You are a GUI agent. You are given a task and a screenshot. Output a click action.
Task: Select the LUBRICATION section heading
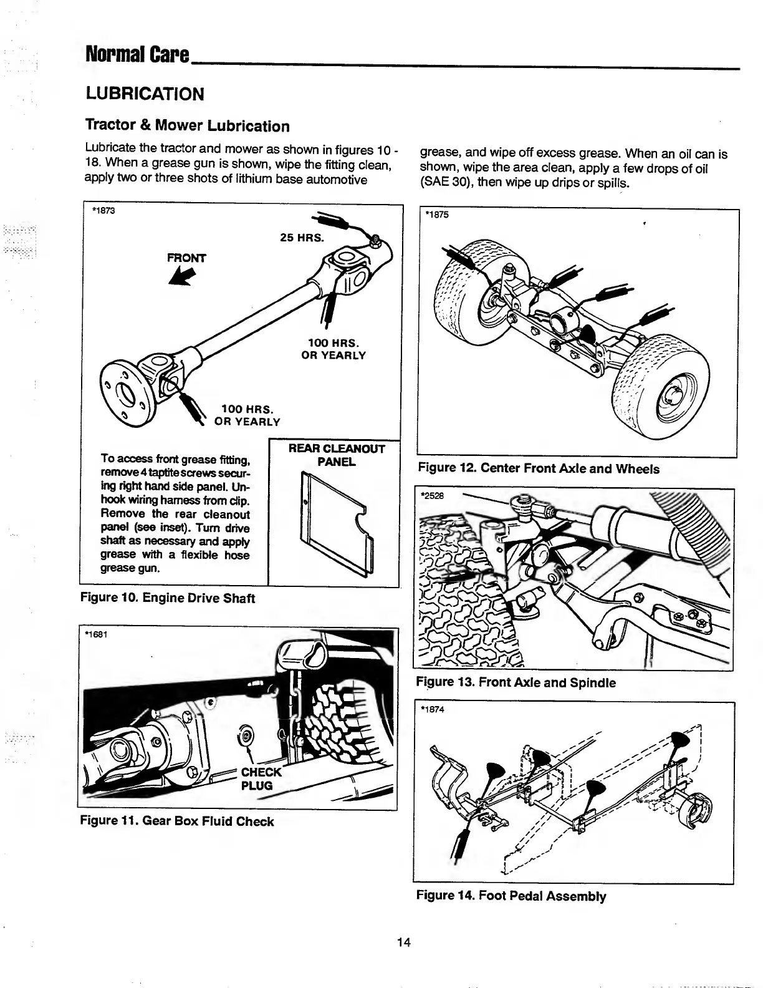click(145, 94)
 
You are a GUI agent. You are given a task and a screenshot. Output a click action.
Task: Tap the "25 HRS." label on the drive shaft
click(301, 238)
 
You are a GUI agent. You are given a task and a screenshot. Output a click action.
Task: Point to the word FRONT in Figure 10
click(186, 258)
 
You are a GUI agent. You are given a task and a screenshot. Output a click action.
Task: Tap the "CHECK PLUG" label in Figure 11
click(261, 779)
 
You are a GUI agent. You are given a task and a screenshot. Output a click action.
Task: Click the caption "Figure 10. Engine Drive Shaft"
click(168, 598)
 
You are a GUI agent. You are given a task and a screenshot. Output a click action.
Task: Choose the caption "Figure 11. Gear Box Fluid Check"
click(177, 821)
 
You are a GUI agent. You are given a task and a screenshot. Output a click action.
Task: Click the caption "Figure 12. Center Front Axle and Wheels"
click(539, 468)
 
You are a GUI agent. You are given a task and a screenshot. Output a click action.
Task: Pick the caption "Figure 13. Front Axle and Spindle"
click(516, 682)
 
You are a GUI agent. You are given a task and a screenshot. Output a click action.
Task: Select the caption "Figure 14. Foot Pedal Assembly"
click(511, 896)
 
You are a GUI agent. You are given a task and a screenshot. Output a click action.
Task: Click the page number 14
click(403, 942)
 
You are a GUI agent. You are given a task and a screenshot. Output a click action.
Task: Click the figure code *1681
click(96, 635)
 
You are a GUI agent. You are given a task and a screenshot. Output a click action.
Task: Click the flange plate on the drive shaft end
click(127, 394)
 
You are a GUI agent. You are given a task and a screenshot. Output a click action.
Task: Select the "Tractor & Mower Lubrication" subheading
click(187, 126)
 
